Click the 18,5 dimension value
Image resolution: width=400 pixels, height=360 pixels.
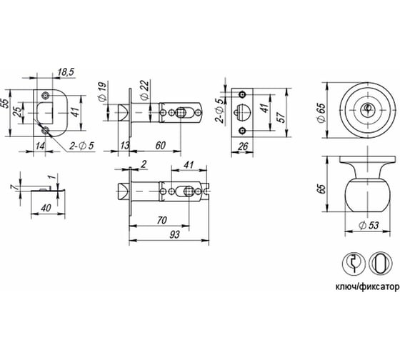66,72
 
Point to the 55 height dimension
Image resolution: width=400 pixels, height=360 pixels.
6,102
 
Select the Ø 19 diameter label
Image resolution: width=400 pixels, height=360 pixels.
101,93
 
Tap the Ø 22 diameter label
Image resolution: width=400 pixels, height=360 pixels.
144,90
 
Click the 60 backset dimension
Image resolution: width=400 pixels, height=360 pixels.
161,145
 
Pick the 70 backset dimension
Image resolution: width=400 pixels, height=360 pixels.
161,220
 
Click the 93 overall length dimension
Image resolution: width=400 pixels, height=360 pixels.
174,234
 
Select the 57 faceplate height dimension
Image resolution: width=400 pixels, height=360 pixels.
281,117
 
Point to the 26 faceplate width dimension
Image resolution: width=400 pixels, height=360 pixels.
243,146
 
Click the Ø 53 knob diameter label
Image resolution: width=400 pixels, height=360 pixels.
369,225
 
